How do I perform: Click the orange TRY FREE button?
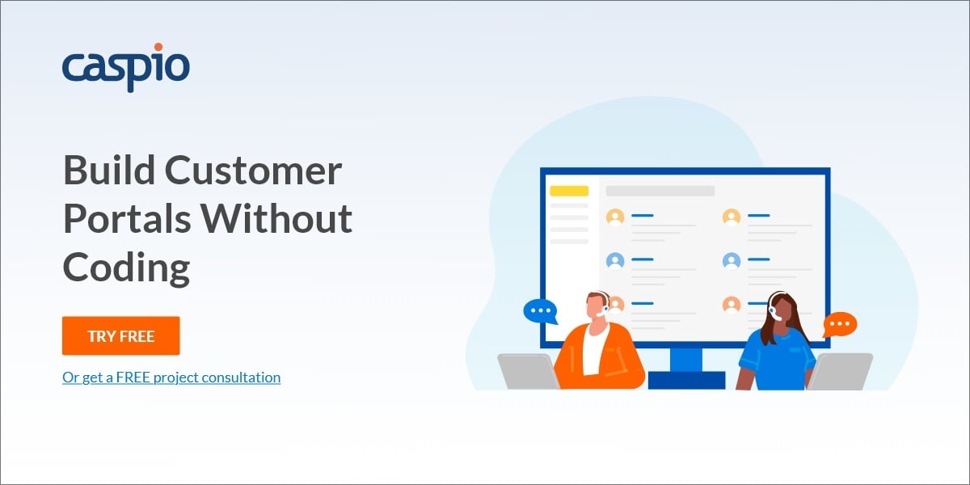click(x=120, y=335)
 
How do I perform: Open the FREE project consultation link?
click(x=171, y=377)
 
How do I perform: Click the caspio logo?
click(x=126, y=68)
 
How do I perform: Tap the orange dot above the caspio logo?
click(x=158, y=47)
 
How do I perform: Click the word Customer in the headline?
click(x=253, y=171)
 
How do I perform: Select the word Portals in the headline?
click(x=127, y=218)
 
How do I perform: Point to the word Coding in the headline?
click(x=126, y=268)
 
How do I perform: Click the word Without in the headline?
click(x=276, y=218)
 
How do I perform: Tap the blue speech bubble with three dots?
click(x=541, y=311)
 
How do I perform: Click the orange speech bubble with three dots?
click(x=840, y=324)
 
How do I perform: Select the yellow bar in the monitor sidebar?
click(x=569, y=191)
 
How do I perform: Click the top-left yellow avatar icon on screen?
click(x=615, y=217)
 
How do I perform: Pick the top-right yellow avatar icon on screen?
click(x=732, y=217)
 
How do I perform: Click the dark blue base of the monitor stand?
click(x=687, y=380)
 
